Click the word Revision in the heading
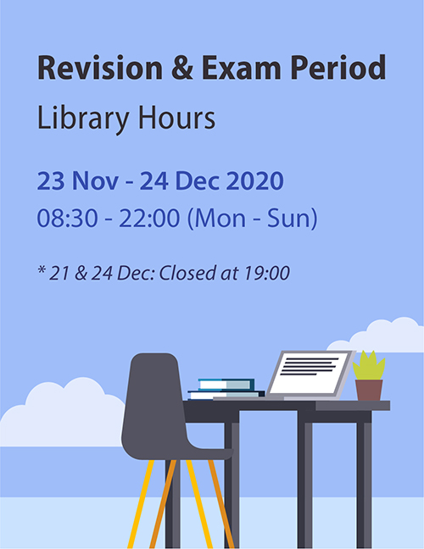[100, 67]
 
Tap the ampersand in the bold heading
[182, 67]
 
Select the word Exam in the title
[241, 67]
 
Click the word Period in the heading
[338, 67]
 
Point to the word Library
[83, 119]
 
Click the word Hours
[176, 118]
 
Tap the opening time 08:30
[67, 218]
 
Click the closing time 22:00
[149, 218]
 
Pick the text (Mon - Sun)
[253, 219]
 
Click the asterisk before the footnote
[42, 269]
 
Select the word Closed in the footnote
[187, 273]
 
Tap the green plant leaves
[369, 365]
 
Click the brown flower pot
[369, 390]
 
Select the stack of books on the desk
[226, 389]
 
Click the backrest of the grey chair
[155, 396]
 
